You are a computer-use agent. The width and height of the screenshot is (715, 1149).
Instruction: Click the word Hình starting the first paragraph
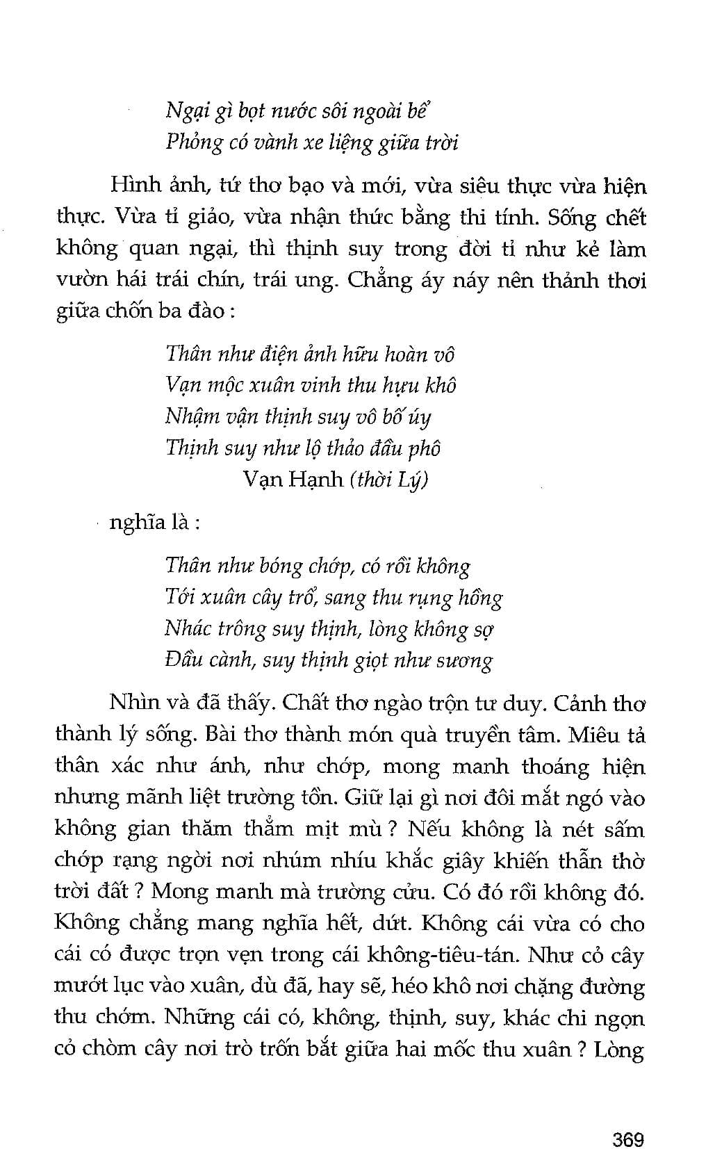point(134,186)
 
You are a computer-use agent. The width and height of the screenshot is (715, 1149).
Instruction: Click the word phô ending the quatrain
point(424,448)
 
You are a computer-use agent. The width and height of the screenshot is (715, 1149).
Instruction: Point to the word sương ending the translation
point(464,660)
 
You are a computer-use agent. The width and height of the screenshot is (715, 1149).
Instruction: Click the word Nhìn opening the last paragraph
point(133,703)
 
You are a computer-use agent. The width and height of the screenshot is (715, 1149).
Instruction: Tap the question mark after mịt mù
point(395,829)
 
